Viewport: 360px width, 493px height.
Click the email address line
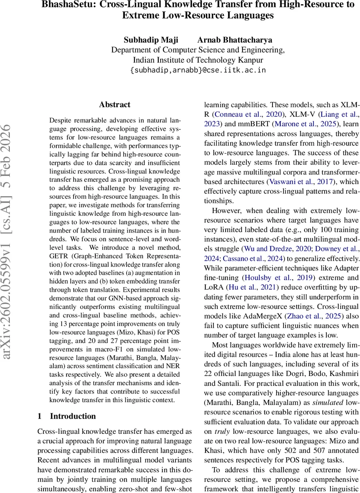198,70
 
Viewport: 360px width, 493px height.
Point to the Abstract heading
115,104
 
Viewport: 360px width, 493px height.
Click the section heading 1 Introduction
67,416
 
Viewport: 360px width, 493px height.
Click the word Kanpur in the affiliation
250,60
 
